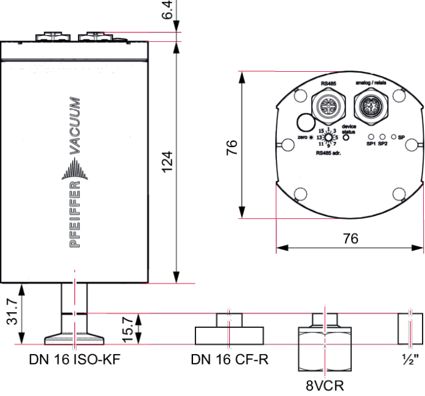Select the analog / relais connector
(x=370, y=105)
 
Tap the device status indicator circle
(x=346, y=137)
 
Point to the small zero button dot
(x=311, y=138)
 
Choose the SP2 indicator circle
(x=382, y=137)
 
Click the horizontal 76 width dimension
(x=350, y=238)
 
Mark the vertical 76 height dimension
(x=232, y=147)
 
